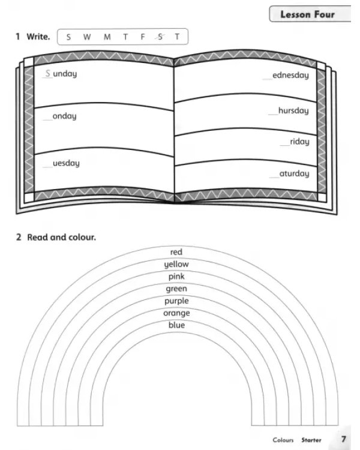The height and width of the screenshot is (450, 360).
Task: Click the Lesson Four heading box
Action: coord(310,14)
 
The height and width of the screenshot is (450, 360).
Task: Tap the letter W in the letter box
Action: coord(87,37)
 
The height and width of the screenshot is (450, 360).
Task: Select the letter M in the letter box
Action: coord(107,37)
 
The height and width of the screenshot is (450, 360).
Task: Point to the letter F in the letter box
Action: coord(143,37)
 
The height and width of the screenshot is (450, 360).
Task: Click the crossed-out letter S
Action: coord(160,37)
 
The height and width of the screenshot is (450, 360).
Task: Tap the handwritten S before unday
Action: coord(47,73)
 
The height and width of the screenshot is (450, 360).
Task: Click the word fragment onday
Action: coord(64,116)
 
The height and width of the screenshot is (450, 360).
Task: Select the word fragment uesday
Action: coord(66,163)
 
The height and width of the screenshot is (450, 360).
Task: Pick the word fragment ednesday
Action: coord(290,75)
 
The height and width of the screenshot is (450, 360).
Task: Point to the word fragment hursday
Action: coord(293,111)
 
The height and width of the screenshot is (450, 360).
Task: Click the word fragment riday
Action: coord(300,142)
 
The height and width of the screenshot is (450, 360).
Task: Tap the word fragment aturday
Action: coord(294,173)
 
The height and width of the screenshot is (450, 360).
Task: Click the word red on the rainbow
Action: coord(176,252)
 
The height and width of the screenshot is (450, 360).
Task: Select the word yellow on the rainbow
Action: coord(176,265)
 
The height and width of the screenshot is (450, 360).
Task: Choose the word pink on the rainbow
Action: coord(176,277)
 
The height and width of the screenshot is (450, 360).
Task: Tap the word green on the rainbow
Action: coord(176,289)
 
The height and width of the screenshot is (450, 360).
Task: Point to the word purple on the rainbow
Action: coord(176,301)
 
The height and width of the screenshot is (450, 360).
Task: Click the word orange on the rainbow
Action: coord(176,313)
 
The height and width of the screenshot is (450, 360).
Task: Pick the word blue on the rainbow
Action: coord(176,325)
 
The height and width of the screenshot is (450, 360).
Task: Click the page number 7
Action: coord(343,439)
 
